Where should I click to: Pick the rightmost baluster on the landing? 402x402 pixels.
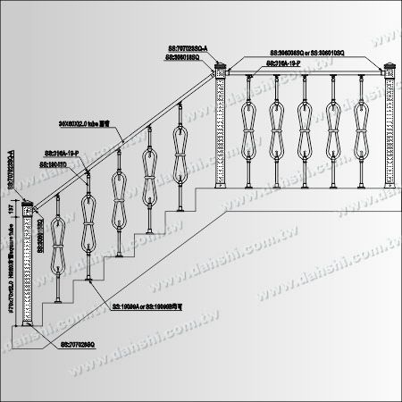pyautogui.click(x=362, y=130)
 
